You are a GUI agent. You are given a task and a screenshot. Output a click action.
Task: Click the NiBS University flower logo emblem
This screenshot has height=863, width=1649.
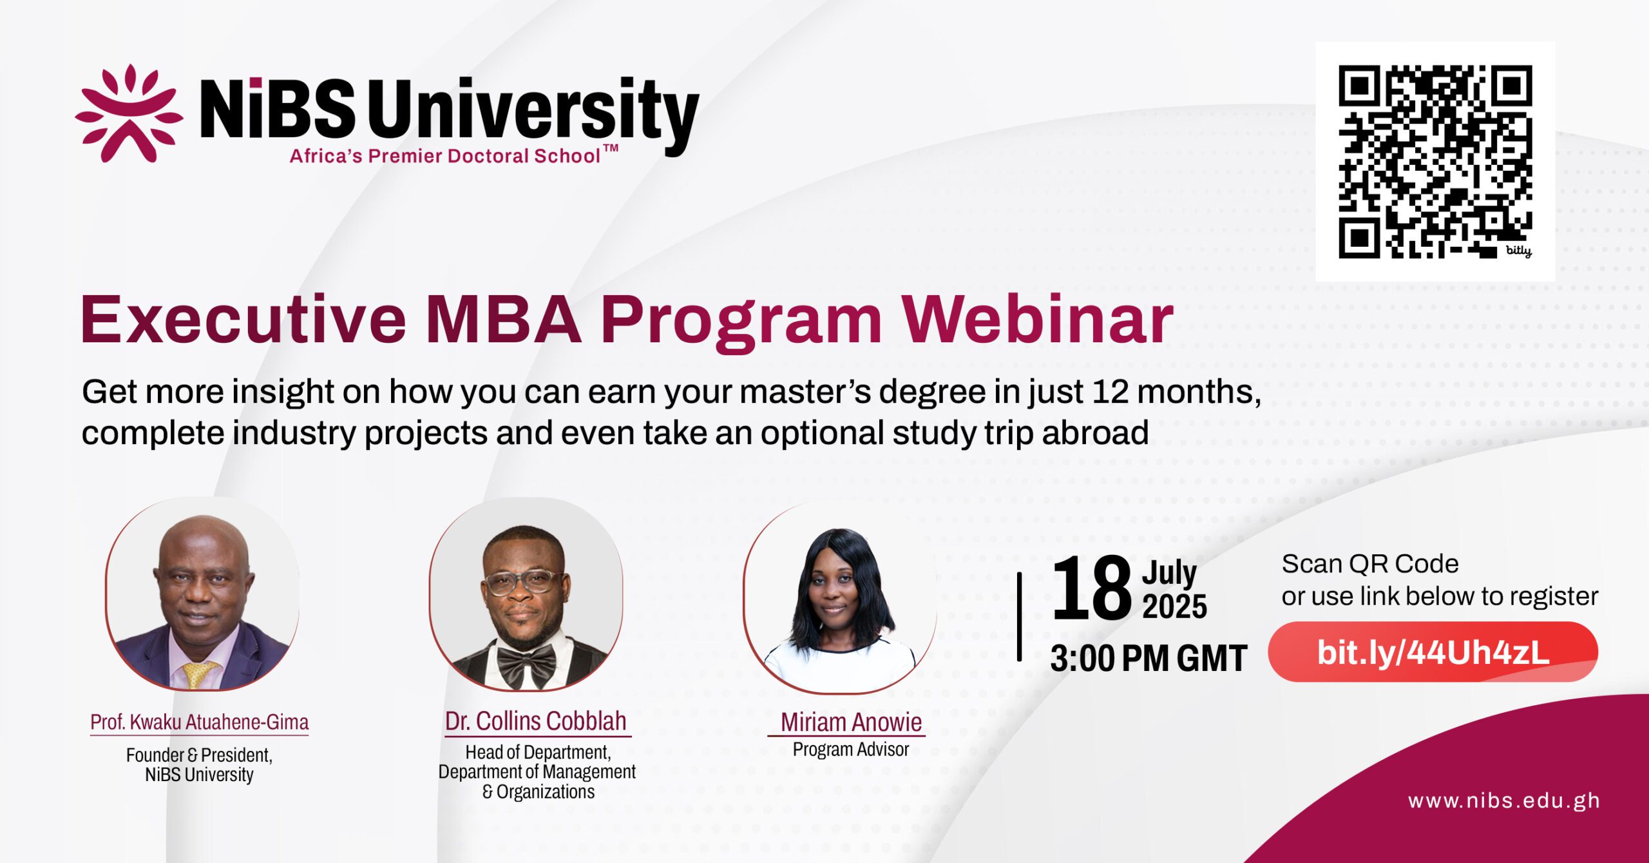click(128, 113)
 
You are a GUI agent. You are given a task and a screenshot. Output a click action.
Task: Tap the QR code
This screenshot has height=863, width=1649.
click(1435, 162)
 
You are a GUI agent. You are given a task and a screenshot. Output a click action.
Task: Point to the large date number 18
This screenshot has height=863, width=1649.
click(1091, 588)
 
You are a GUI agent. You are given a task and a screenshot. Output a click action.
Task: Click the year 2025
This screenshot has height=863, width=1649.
click(1174, 606)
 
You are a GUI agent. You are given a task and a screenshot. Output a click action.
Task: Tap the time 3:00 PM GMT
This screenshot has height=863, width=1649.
click(1149, 659)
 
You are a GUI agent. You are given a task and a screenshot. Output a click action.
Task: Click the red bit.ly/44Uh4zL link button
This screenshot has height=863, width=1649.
click(1433, 652)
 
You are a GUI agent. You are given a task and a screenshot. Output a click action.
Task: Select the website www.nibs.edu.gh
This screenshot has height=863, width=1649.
click(1504, 801)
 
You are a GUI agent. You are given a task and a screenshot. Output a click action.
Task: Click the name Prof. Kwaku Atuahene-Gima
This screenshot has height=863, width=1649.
click(199, 722)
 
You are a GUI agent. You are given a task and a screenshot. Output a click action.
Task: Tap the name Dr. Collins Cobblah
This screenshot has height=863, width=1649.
click(535, 721)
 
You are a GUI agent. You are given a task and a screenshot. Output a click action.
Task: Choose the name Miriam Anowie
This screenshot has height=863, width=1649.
click(851, 722)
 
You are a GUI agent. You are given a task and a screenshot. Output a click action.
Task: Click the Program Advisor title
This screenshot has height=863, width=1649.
click(851, 750)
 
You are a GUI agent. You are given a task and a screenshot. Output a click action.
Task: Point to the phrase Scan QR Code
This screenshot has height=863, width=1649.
click(1370, 564)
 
